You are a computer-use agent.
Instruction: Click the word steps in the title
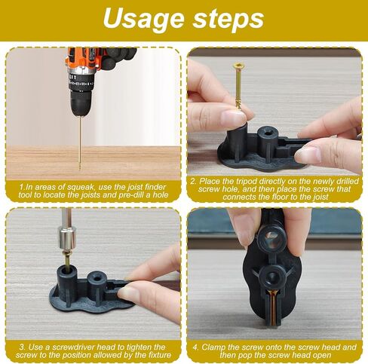(228, 19)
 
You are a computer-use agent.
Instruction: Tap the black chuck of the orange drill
(80, 102)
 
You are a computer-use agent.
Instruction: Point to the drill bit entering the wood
(80, 143)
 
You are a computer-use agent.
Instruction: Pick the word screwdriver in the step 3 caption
(73, 347)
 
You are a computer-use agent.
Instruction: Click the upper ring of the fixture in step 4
(271, 238)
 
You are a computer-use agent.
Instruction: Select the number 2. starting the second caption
(194, 182)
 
